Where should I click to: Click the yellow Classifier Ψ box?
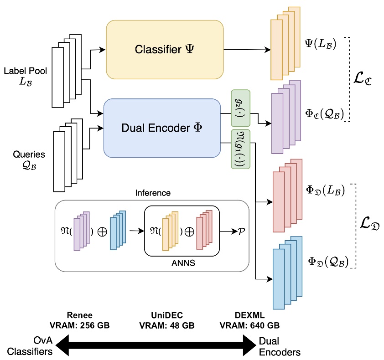165,50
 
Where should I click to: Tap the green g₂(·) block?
241,108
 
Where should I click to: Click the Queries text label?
26,159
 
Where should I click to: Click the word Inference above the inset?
153,193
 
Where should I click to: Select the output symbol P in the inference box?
242,231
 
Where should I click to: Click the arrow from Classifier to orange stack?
247,49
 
